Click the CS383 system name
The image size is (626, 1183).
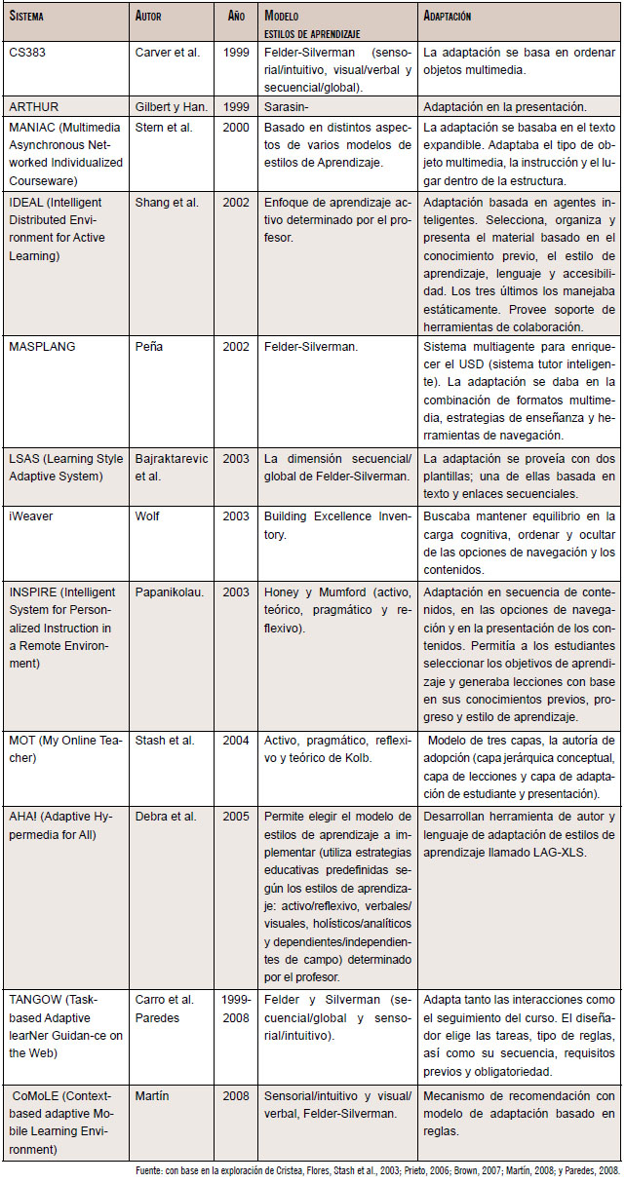25,51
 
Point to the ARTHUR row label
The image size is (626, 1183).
31,105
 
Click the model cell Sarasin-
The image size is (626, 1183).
286,105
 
